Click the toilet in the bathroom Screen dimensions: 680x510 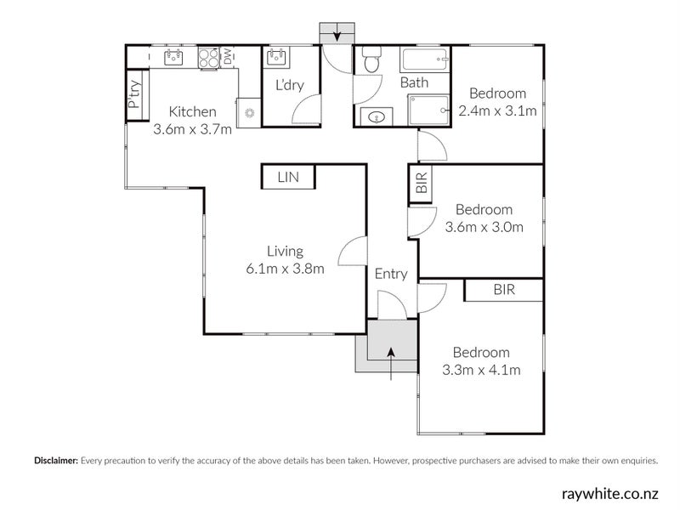point(371,59)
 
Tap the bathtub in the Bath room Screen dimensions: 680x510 point(425,59)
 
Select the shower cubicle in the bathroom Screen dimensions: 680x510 point(428,110)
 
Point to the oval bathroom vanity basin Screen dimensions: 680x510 point(375,116)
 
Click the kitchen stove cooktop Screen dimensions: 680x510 point(208,58)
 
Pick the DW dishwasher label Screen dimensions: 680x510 point(228,56)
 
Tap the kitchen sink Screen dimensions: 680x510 point(173,57)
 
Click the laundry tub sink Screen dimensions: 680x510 point(277,57)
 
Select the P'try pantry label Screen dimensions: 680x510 point(134,94)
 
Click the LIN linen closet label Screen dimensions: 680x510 point(288,177)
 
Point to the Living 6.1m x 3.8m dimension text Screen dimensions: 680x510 point(285,269)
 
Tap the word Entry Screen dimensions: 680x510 point(391,274)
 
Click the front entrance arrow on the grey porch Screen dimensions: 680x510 point(391,364)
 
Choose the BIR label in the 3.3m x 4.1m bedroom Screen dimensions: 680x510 point(504,290)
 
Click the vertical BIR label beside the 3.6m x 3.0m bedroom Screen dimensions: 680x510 point(422,183)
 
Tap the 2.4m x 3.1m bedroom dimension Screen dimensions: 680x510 point(498,111)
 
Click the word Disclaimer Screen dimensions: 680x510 point(56,461)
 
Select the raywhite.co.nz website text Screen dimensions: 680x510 point(610,494)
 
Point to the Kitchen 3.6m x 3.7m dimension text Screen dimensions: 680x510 point(193,129)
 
